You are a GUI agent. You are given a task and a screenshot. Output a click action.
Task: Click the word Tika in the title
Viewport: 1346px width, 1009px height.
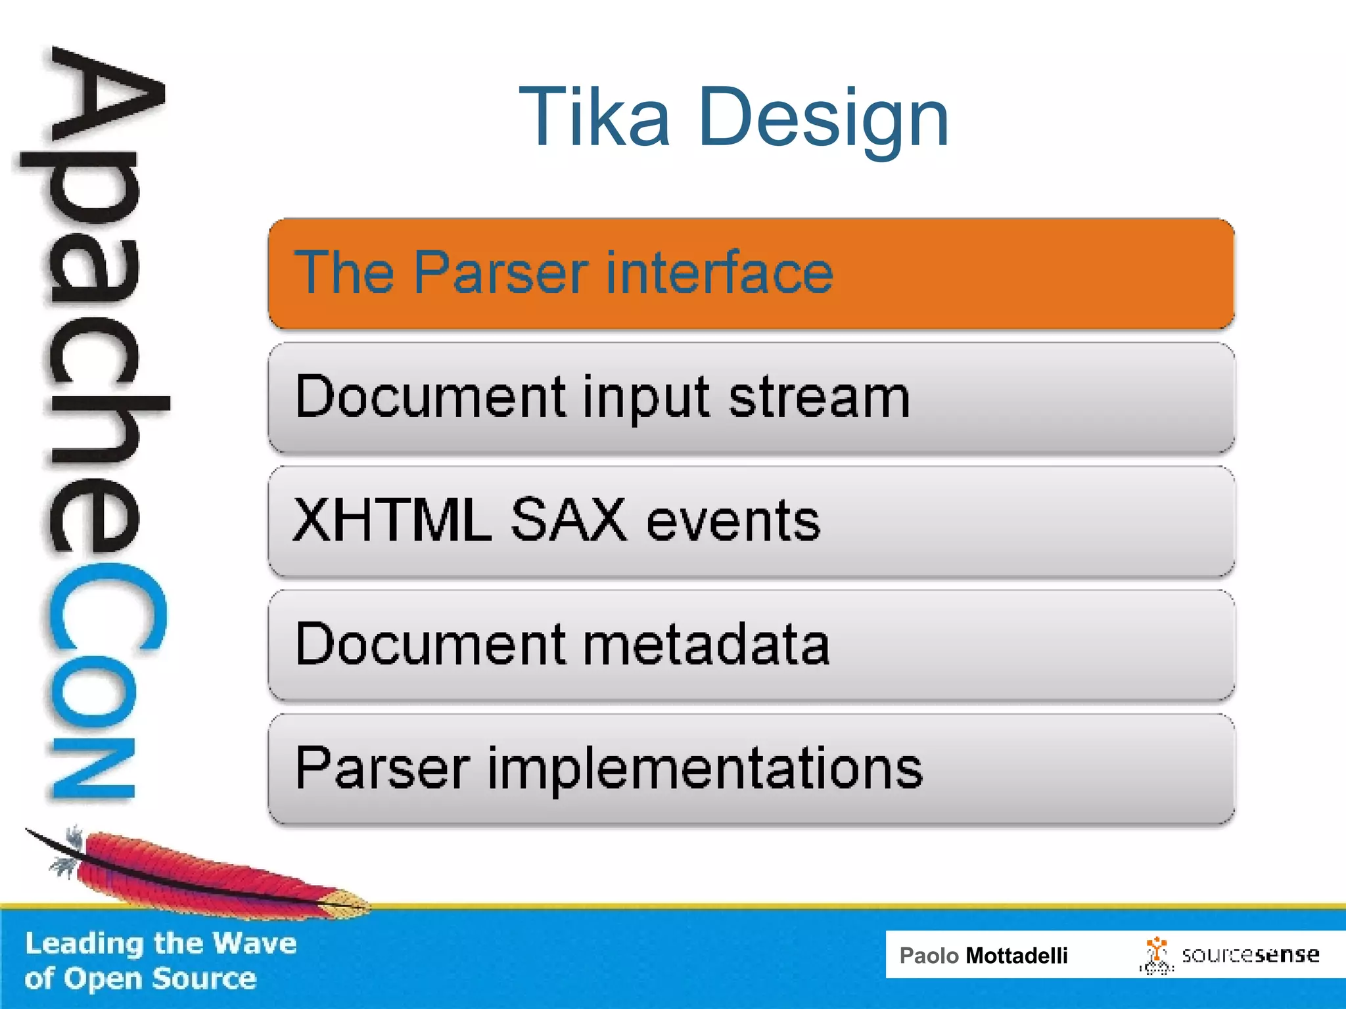(595, 118)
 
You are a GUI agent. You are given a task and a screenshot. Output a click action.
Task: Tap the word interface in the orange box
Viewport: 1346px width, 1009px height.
(720, 273)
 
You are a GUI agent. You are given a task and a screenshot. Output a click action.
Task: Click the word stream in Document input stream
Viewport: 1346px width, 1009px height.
(819, 397)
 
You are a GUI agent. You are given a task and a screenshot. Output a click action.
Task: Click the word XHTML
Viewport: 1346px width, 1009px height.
(392, 520)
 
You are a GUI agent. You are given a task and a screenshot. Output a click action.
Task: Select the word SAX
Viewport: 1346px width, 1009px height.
(569, 520)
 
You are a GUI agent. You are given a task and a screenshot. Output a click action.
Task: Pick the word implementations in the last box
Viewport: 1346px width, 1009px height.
(705, 769)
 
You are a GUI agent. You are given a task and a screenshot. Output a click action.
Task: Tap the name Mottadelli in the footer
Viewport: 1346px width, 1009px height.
(1016, 956)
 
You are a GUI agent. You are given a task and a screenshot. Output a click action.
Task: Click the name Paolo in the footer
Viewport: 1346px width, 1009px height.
(929, 956)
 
